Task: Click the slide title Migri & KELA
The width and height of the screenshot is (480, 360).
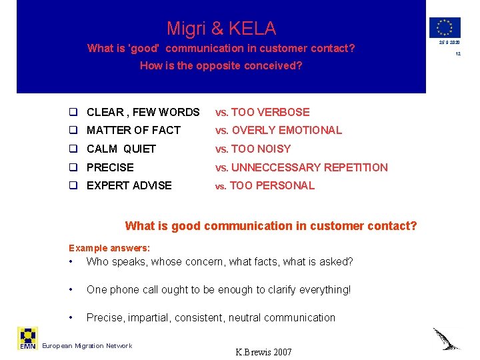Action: click(x=221, y=29)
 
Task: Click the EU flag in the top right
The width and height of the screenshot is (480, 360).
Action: click(x=444, y=27)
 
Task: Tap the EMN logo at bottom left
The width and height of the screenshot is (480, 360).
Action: click(x=27, y=338)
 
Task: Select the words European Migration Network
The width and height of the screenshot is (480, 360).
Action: click(x=87, y=345)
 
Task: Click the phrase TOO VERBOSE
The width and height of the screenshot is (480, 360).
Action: click(x=270, y=112)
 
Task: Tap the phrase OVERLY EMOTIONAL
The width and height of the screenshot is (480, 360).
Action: click(x=286, y=131)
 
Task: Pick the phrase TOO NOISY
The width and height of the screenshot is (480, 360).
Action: click(x=261, y=149)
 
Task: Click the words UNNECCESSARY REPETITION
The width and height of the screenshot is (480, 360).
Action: click(x=309, y=167)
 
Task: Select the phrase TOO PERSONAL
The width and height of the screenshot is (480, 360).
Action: click(x=272, y=185)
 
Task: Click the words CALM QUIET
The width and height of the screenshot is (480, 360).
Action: click(x=121, y=149)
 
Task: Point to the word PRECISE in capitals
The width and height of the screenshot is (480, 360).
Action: click(x=110, y=167)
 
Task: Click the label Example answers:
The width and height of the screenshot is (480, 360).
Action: click(x=109, y=248)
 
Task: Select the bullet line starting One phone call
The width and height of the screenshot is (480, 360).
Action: click(x=219, y=289)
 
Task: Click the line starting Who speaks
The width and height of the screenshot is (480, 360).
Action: click(x=220, y=261)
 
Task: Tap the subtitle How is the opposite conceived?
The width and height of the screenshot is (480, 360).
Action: click(x=221, y=66)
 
